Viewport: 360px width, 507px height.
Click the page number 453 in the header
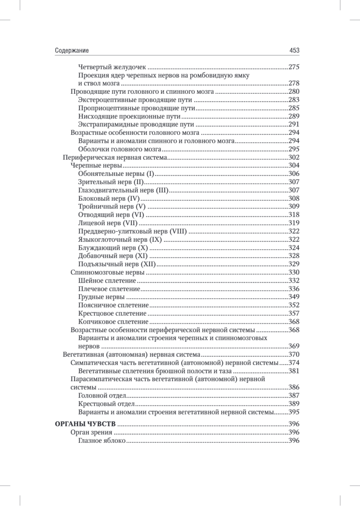click(x=294, y=50)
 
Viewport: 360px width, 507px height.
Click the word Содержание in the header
click(x=72, y=50)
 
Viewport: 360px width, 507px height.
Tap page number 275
click(x=294, y=67)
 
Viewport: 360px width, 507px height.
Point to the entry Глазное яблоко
click(x=102, y=441)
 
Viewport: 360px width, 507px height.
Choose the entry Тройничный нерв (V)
click(x=112, y=207)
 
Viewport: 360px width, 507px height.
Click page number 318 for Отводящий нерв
click(x=294, y=215)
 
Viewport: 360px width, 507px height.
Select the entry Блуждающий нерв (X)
click(x=113, y=248)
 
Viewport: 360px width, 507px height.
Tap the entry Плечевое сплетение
click(x=109, y=289)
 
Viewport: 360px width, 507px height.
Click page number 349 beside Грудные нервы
click(x=294, y=297)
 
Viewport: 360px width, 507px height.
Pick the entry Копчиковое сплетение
click(x=113, y=322)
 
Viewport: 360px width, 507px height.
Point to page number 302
click(x=294, y=157)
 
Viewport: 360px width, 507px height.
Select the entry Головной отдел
click(x=102, y=395)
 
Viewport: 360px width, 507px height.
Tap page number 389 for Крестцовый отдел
click(x=294, y=404)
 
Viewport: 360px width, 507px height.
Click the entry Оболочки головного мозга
click(x=120, y=149)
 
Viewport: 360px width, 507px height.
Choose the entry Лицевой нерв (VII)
click(x=109, y=223)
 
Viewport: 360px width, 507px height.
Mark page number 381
click(x=294, y=371)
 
